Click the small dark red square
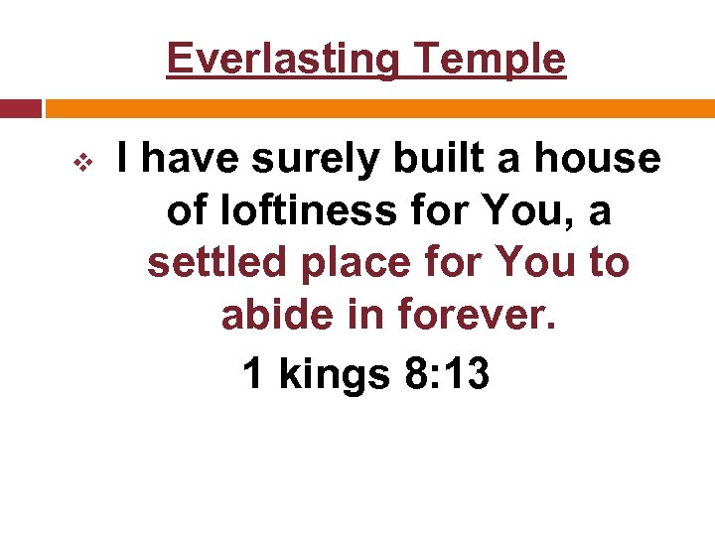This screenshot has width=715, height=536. (20, 108)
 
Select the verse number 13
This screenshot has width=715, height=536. (467, 374)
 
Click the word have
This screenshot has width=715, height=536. (191, 159)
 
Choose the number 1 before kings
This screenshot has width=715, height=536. (253, 374)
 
